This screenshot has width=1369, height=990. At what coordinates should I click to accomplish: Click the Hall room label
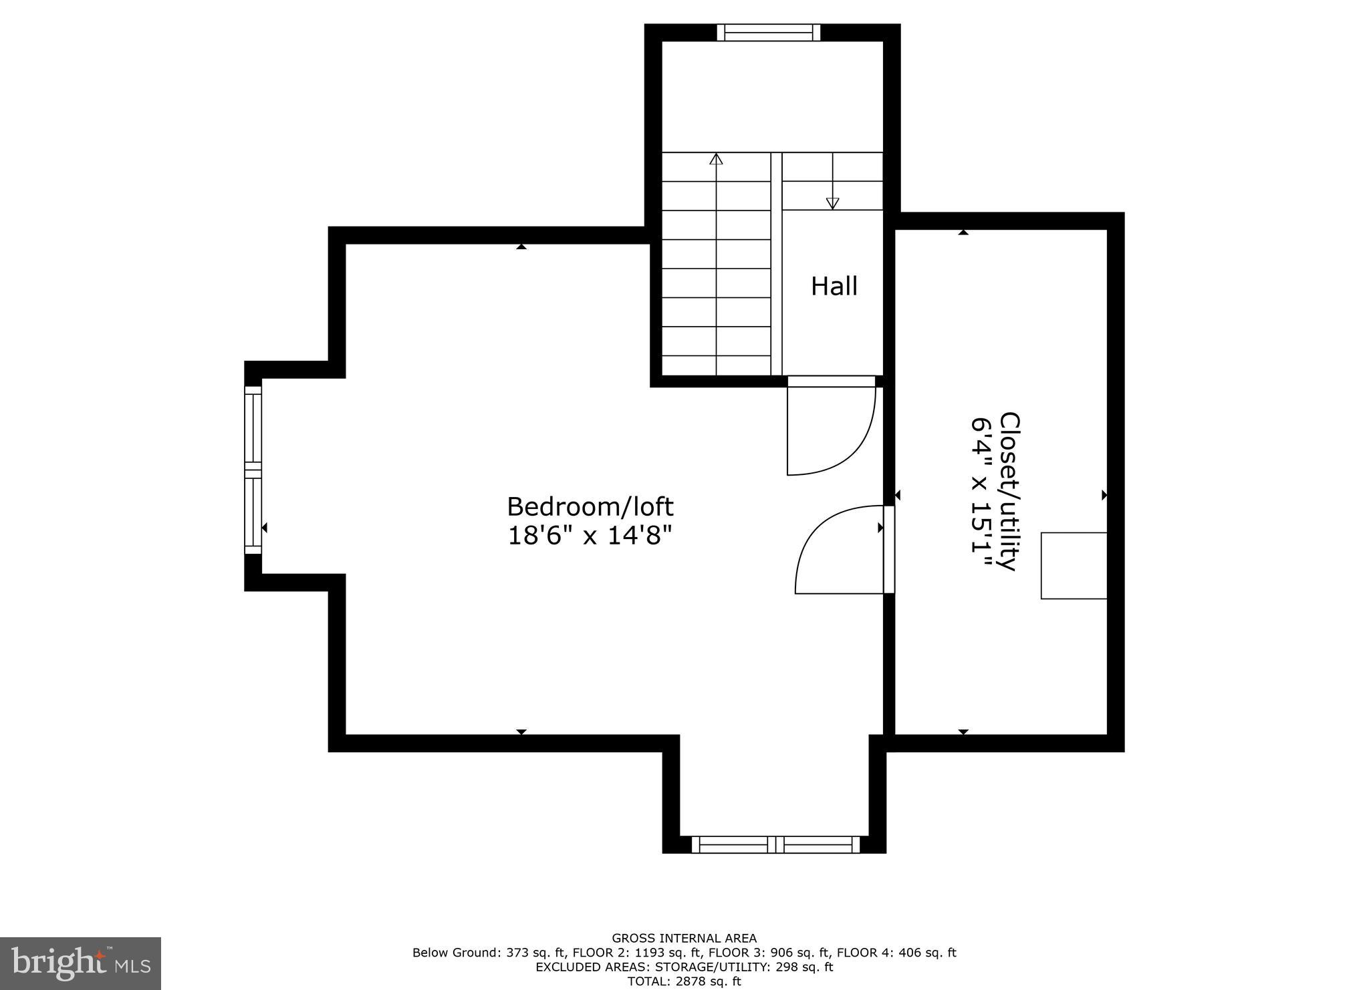point(834,287)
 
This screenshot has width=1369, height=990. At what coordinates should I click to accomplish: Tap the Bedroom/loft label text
point(590,507)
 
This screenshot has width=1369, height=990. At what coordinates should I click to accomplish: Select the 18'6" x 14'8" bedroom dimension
point(590,536)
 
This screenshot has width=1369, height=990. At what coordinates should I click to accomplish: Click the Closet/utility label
point(1009,491)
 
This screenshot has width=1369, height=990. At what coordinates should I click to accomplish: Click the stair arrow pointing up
point(717,159)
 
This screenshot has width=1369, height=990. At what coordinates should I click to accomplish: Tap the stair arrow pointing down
point(832,202)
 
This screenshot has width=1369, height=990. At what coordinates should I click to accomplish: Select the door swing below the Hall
point(831,428)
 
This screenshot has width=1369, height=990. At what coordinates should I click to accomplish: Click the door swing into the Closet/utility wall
point(841,549)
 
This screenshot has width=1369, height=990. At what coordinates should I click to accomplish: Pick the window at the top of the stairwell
point(769,33)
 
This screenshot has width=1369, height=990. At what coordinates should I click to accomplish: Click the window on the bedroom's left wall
point(253,470)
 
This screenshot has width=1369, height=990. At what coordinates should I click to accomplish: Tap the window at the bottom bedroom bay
point(775,844)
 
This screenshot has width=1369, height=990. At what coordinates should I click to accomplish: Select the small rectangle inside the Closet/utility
point(1074,566)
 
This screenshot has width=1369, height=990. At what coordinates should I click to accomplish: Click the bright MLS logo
point(80,963)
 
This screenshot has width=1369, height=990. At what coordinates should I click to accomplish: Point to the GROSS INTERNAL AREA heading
point(684,939)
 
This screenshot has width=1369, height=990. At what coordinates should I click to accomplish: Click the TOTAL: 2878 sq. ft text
point(684,981)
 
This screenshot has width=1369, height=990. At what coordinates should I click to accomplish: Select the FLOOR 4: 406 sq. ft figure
point(896,953)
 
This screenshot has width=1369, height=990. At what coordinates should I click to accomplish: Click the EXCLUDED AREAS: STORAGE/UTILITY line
point(684,967)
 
